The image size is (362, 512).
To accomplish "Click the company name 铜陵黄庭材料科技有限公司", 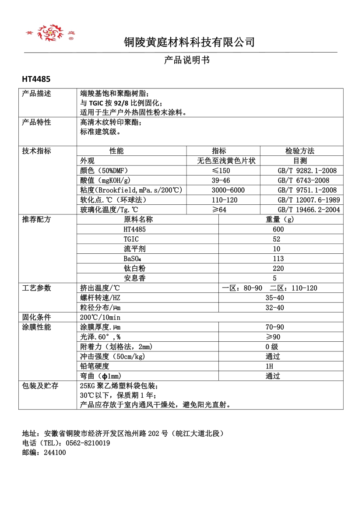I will [189, 42].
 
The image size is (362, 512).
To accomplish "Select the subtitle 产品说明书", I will [186, 60].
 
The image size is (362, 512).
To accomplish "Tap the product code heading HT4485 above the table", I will [36, 80].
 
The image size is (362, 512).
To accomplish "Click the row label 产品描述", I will [37, 94].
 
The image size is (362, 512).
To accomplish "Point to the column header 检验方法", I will [300, 151].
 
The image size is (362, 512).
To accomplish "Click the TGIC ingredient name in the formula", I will [131, 239].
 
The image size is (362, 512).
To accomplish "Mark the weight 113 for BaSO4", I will [278, 259].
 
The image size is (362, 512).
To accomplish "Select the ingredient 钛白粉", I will [134, 268].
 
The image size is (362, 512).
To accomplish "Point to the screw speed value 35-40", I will [274, 298].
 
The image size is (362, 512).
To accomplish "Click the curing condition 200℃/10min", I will [100, 317].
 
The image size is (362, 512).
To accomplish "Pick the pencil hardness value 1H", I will [269, 366].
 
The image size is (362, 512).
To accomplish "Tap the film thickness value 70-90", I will [274, 327].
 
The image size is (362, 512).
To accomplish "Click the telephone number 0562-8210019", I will [88, 443].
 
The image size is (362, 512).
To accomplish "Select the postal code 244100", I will [55, 452].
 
